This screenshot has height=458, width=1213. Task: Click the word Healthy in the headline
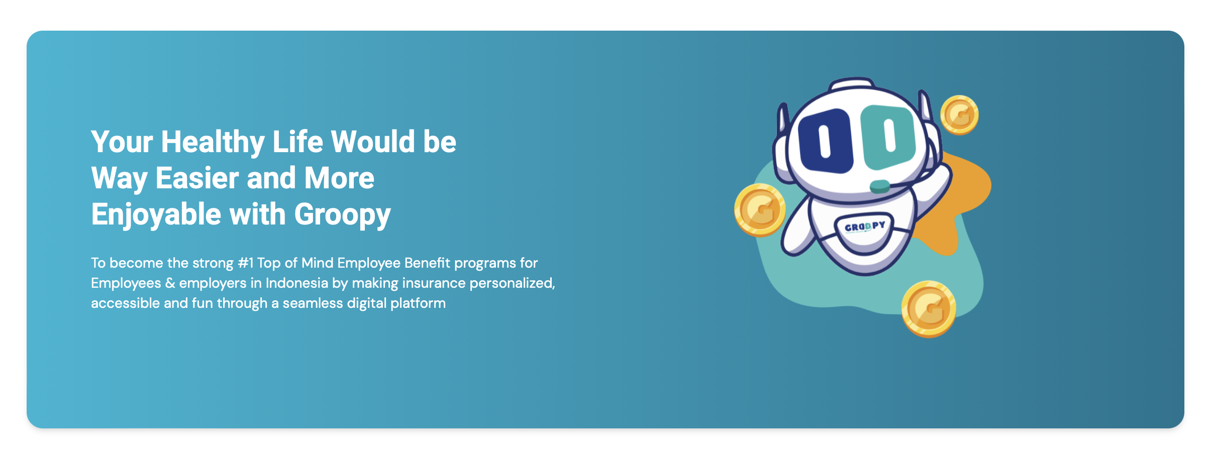coord(213,142)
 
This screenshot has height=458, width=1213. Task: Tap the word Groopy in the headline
coord(342,215)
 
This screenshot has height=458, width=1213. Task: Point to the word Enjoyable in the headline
coord(156,215)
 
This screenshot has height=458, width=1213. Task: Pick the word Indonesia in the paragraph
coord(296,283)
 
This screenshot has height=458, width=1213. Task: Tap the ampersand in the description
coord(170,283)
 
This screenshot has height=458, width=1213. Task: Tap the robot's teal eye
coord(888,137)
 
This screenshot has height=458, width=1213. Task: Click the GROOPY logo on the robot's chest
coord(865,226)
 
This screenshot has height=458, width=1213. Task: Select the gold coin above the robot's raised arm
coord(959,115)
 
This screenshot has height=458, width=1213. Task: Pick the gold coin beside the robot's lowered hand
coord(760,210)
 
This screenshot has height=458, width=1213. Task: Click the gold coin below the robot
coord(929,309)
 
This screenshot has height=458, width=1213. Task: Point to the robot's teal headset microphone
coord(880,186)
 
